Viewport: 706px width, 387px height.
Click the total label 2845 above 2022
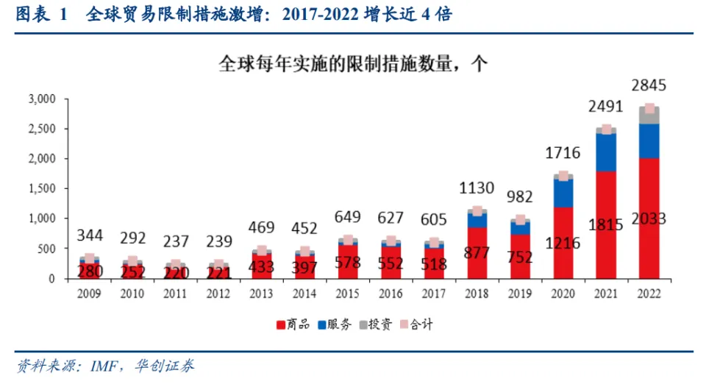coord(649,85)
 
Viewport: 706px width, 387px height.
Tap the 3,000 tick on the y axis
coord(43,99)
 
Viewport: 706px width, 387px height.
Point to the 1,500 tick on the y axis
coord(43,188)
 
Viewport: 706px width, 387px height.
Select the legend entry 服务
coord(338,323)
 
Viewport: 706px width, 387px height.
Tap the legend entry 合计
coord(423,323)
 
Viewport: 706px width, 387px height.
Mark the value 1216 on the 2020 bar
coord(563,244)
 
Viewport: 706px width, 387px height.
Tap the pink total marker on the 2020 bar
coord(563,176)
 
